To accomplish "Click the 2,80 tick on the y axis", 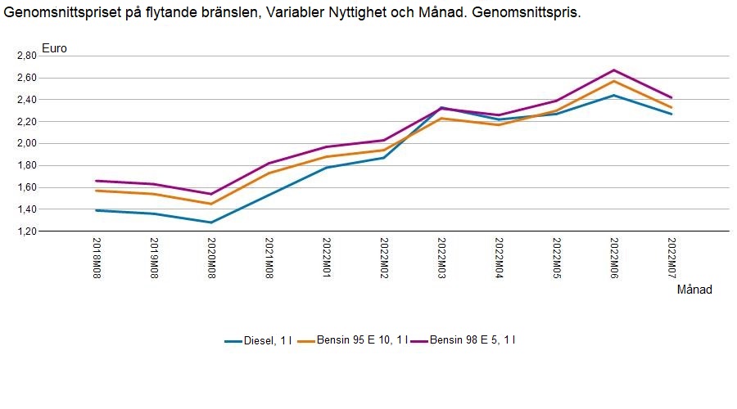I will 26,56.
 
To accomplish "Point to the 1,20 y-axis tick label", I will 26,231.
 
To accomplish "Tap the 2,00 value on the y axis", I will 26,143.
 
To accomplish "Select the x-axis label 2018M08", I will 97,257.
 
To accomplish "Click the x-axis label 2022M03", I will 441,257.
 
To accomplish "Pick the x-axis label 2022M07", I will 671,257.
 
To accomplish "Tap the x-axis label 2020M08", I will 211,257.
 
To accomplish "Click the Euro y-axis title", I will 54,47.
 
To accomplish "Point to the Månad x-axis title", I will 694,290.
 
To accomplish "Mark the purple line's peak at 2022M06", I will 613,70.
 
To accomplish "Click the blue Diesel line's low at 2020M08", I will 211,222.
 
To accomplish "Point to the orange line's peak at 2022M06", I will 613,81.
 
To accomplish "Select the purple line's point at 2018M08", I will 97,181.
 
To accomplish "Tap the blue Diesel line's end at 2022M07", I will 671,114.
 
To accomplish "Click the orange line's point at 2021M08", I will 269,173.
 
